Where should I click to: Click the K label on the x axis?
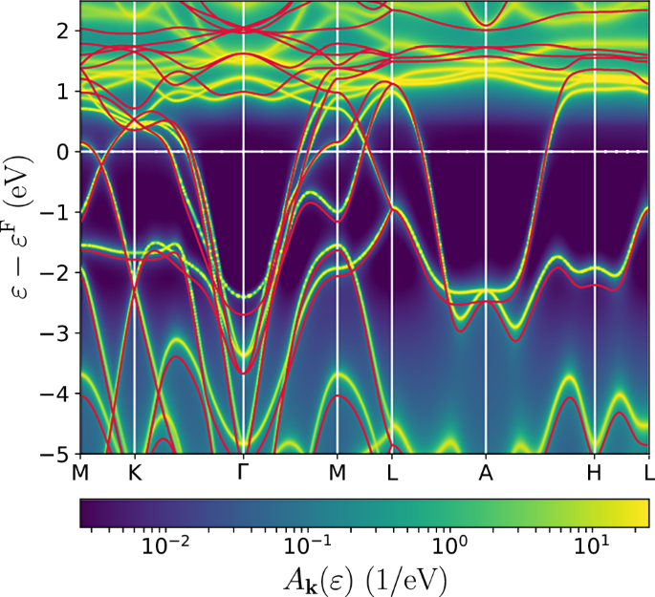pos(134,471)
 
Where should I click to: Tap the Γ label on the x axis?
pos(244,471)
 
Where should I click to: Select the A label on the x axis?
pos(486,471)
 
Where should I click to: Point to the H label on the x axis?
pos(595,471)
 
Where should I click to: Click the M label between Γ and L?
pos(337,471)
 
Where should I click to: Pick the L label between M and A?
pos(391,471)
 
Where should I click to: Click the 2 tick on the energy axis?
pos(61,32)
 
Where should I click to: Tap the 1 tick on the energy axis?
pos(61,92)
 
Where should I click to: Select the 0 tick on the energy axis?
pos(61,152)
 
